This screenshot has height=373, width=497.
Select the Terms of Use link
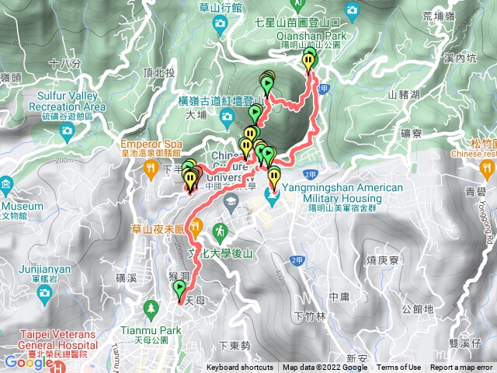pyautogui.click(x=399, y=368)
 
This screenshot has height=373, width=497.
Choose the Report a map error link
pyautogui.click(x=461, y=368)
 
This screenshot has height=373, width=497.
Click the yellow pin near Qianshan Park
pyautogui.click(x=310, y=61)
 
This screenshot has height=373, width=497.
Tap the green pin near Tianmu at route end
pyautogui.click(x=180, y=292)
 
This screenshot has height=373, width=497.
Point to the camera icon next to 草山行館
pyautogui.click(x=221, y=23)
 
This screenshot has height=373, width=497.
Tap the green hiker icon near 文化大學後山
pyautogui.click(x=221, y=231)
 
